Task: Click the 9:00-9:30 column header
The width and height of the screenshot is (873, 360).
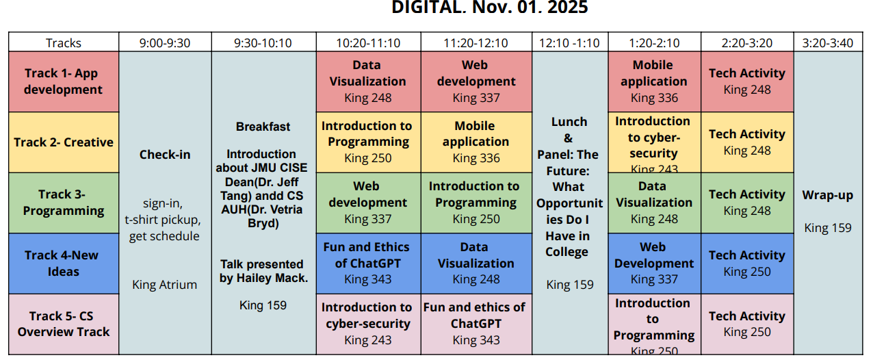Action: click(165, 43)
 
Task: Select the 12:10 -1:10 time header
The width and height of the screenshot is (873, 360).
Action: click(569, 43)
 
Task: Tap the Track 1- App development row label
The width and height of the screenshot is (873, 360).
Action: click(63, 81)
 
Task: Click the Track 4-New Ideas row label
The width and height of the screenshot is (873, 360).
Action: click(63, 263)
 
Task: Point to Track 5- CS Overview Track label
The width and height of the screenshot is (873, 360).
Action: click(63, 324)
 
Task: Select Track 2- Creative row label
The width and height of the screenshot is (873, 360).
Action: click(63, 142)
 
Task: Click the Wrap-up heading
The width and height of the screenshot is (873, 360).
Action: click(827, 195)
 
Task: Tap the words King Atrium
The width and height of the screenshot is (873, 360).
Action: click(164, 285)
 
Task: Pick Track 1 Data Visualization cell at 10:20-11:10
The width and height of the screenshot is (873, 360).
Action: click(368, 81)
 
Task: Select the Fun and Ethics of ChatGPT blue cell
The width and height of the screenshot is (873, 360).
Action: click(368, 263)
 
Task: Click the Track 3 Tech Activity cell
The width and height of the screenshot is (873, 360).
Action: click(746, 203)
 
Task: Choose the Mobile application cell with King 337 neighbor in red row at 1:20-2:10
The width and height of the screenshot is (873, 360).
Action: click(653, 81)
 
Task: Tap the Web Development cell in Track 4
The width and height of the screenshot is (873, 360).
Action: click(653, 263)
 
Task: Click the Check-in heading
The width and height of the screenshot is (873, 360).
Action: click(164, 155)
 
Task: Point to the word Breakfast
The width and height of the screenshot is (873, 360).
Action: click(263, 127)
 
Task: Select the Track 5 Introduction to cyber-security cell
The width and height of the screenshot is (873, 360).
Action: click(368, 323)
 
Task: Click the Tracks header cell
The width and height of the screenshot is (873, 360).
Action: click(63, 43)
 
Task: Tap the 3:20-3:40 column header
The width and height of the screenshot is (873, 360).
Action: click(827, 43)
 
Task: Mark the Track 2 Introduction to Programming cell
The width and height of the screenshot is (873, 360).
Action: click(368, 142)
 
